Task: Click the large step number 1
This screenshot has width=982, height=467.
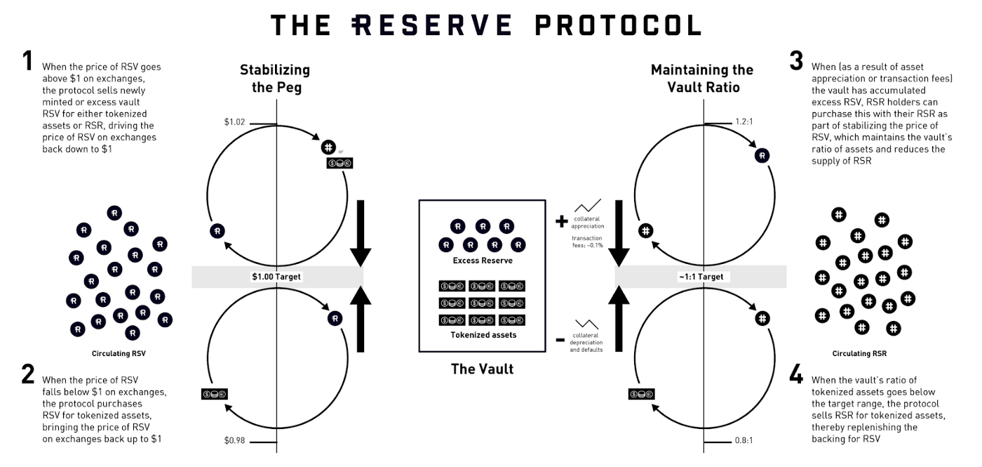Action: pos(27,62)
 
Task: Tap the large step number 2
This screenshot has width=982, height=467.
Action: pos(27,374)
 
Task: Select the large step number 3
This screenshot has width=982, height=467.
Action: pos(795,60)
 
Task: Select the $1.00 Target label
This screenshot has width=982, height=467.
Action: pos(276,277)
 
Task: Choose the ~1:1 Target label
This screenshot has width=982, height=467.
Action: pos(701,277)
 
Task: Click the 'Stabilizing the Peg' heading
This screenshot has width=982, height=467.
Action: pos(274,78)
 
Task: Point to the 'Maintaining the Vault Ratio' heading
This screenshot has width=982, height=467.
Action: pos(701,78)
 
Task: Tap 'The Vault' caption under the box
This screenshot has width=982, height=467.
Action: pos(482,369)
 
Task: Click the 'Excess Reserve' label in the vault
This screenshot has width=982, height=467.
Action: pos(482,261)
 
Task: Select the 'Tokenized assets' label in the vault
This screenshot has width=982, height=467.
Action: pos(483,335)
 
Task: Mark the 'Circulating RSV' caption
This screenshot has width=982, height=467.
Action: pos(119,353)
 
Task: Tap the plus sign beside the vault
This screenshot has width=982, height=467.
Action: pos(561,222)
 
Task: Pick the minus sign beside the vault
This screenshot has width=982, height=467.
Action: pos(560,340)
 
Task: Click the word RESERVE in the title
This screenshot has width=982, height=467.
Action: pos(431,25)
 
